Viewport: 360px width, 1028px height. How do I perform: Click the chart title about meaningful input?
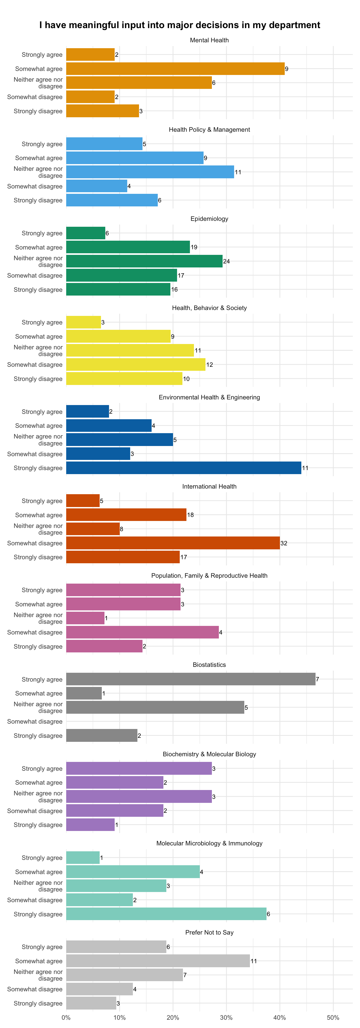point(180,25)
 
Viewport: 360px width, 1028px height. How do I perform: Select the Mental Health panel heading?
point(209,40)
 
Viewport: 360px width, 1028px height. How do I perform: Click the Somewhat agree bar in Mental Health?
point(175,69)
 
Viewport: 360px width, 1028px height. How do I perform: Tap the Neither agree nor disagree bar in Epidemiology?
point(144,261)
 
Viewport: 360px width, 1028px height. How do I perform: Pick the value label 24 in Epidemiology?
point(226,261)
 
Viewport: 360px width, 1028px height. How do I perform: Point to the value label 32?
point(284,543)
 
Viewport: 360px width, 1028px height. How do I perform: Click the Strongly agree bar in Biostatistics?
point(191,679)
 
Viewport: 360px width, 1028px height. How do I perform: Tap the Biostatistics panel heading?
point(209,665)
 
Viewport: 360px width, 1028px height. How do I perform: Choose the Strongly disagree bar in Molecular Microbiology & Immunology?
point(166,914)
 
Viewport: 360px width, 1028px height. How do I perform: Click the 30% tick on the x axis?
point(226,1017)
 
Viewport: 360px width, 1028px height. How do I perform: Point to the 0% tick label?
point(66,1017)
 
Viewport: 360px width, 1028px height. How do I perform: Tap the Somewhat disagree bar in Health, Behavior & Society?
point(136,364)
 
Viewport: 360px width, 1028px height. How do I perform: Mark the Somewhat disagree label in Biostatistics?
point(35,721)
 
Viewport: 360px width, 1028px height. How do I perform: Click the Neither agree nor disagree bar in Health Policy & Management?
point(150,172)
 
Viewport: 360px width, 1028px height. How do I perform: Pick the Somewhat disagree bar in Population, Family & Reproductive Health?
point(142,632)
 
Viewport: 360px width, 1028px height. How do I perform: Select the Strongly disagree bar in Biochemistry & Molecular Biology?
point(90,825)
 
